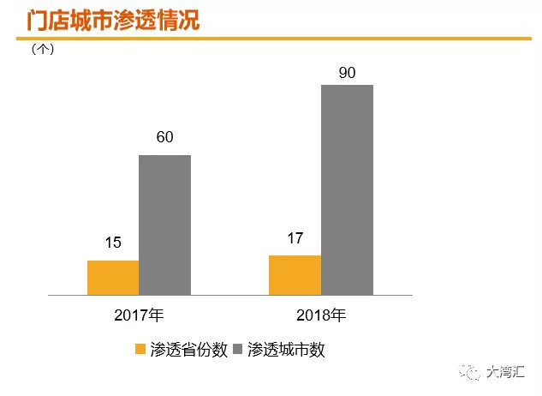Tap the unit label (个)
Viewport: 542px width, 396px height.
pyautogui.click(x=43, y=50)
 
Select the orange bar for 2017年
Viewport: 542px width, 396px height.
pyautogui.click(x=113, y=278)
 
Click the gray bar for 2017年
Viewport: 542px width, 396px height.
pyautogui.click(x=164, y=225)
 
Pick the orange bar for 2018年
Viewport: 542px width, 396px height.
pyautogui.click(x=295, y=275)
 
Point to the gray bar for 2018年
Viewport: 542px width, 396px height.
pyautogui.click(x=347, y=189)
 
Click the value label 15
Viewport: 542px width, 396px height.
pyautogui.click(x=113, y=243)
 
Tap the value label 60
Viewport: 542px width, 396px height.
pyautogui.click(x=164, y=137)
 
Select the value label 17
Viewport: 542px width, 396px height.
pyautogui.click(x=295, y=237)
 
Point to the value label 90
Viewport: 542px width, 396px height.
pyautogui.click(x=347, y=72)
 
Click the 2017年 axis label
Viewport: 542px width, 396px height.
pyautogui.click(x=139, y=315)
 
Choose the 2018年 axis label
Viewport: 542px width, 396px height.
pyautogui.click(x=321, y=315)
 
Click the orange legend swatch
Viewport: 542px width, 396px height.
pyautogui.click(x=140, y=350)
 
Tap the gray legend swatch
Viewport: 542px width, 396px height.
pyautogui.click(x=238, y=350)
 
